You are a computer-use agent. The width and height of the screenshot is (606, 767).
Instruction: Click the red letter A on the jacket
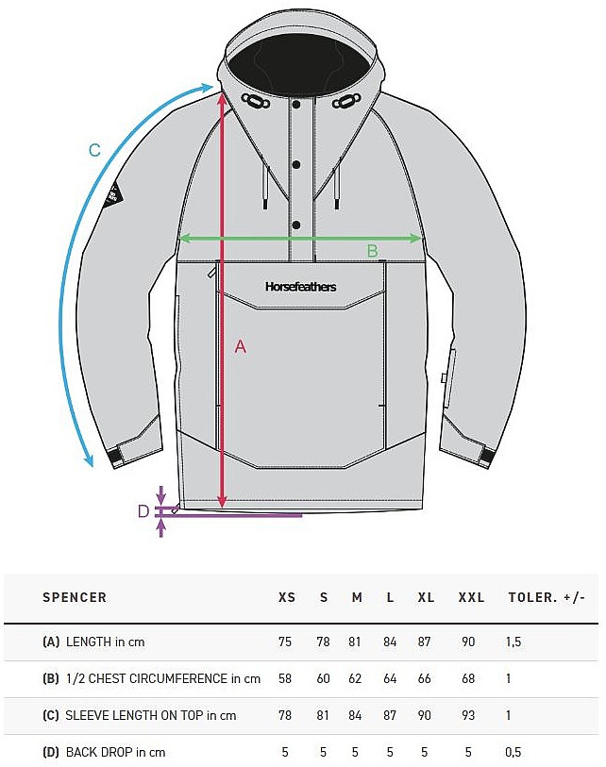pyautogui.click(x=240, y=347)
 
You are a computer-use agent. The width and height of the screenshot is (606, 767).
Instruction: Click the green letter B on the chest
pyautogui.click(x=372, y=251)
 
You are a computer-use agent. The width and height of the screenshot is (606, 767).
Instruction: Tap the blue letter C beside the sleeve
pyautogui.click(x=93, y=150)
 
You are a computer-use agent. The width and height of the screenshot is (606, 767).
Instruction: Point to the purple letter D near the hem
pyautogui.click(x=143, y=511)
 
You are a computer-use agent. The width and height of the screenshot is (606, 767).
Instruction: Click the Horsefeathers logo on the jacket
pyautogui.click(x=300, y=287)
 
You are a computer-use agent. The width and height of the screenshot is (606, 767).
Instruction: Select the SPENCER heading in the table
pyautogui.click(x=75, y=597)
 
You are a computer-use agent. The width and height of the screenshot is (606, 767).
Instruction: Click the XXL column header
pyautogui.click(x=471, y=597)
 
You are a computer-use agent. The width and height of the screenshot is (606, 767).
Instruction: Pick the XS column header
pyautogui.click(x=287, y=597)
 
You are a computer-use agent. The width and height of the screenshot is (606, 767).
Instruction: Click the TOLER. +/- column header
pyautogui.click(x=547, y=597)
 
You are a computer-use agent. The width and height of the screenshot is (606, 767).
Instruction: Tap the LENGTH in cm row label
pyautogui.click(x=103, y=642)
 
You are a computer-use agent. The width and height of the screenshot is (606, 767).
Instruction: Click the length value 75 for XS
pyautogui.click(x=285, y=642)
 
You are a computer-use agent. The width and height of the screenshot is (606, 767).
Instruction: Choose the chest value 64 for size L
pyautogui.click(x=390, y=678)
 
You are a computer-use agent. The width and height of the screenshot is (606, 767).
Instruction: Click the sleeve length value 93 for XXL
pyautogui.click(x=468, y=715)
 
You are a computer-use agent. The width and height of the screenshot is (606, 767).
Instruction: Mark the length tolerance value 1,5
pyautogui.click(x=514, y=642)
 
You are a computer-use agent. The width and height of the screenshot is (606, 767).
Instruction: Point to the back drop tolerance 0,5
pyautogui.click(x=514, y=752)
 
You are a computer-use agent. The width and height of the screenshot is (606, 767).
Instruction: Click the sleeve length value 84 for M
pyautogui.click(x=356, y=715)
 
